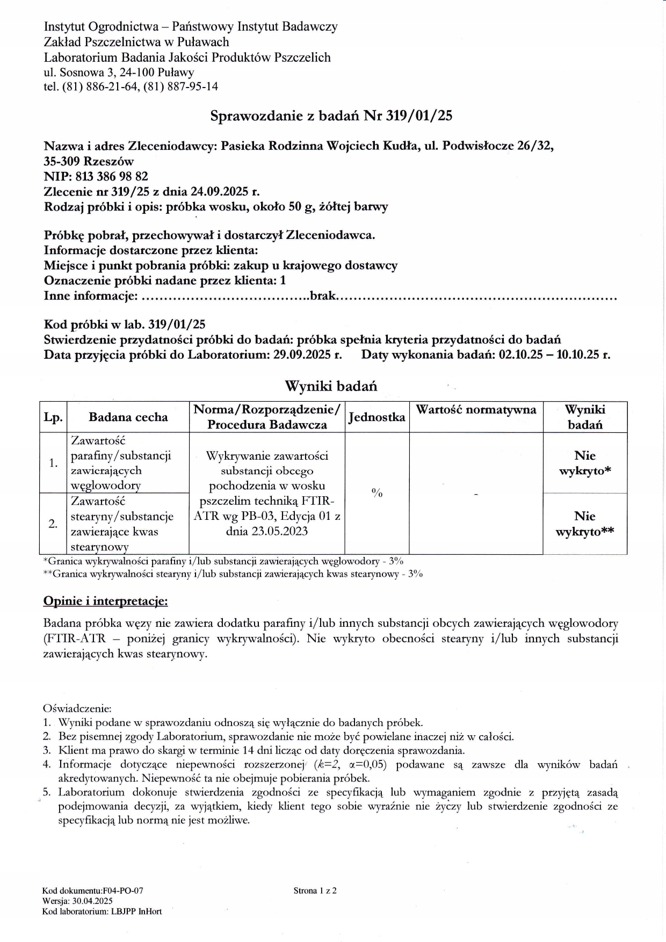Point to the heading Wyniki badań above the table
(331, 386)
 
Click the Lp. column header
(53, 417)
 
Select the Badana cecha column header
(128, 417)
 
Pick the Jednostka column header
(377, 417)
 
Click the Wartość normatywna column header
(476, 410)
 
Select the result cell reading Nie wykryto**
(584, 524)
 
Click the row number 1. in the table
(53, 463)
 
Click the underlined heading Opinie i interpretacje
(105, 601)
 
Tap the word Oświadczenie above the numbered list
(77, 709)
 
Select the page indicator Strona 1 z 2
(315, 890)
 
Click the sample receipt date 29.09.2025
(301, 354)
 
